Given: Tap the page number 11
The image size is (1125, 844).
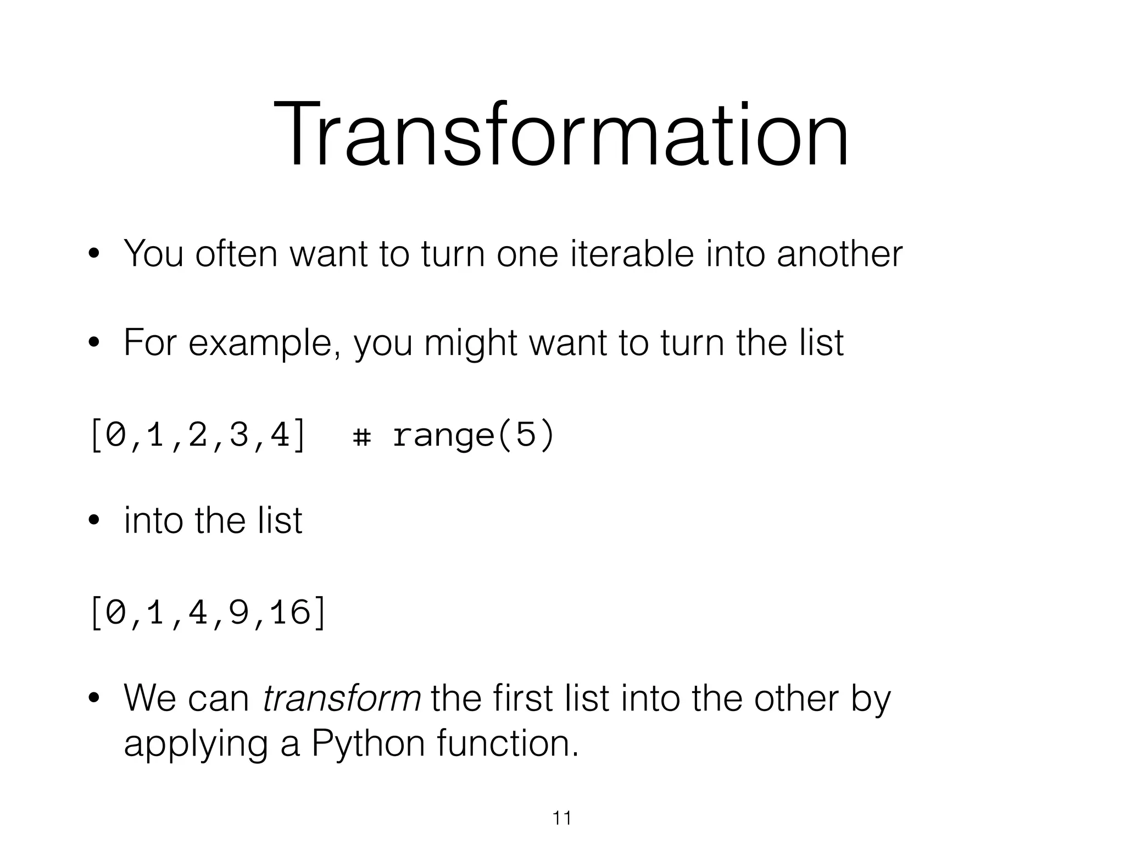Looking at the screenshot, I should (x=561, y=819).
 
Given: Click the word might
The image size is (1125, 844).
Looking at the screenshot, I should (x=470, y=343).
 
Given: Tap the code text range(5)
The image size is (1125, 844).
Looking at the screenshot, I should (x=474, y=436).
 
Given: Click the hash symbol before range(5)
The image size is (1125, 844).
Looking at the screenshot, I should (x=361, y=437).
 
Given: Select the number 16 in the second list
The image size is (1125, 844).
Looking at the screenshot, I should (x=291, y=612).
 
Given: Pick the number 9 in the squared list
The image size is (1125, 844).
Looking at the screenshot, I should (x=239, y=612).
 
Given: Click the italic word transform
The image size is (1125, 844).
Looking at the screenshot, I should (x=342, y=698).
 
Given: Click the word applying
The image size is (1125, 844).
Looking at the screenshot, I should (x=195, y=745).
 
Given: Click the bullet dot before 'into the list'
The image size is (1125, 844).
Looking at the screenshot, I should (x=94, y=521).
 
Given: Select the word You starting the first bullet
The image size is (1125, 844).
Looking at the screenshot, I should (x=153, y=254).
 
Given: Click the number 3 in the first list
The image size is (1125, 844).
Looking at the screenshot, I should (x=239, y=436).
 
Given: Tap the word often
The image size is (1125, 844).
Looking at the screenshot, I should (x=236, y=254).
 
